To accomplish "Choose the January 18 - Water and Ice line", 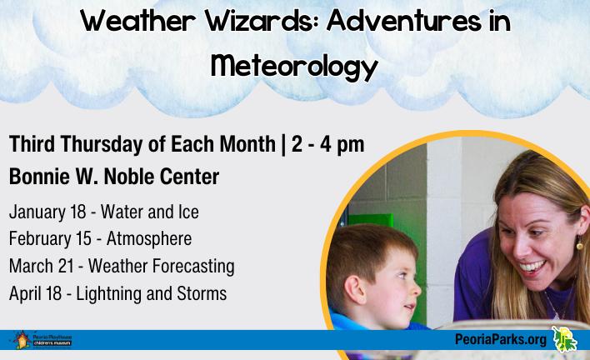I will [104, 212].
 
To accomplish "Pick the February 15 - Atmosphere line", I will [100, 239].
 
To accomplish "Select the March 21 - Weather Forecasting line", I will [121, 267].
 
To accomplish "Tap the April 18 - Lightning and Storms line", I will [117, 293].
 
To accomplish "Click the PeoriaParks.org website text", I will [501, 340].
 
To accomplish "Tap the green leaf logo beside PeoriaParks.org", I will [564, 339].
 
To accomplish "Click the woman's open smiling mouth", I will [534, 267].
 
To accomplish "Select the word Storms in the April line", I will [202, 293].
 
